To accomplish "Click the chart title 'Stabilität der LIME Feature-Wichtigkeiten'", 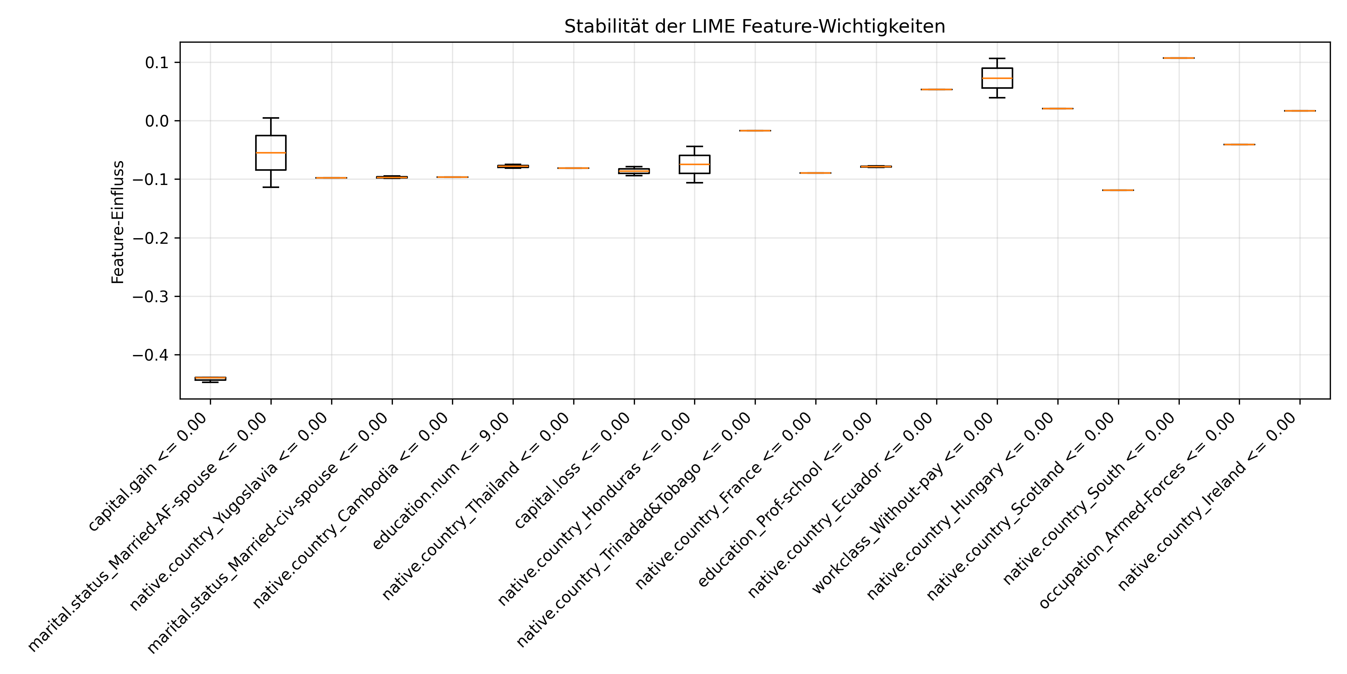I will pos(755,26).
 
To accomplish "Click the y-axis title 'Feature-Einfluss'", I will pos(118,222).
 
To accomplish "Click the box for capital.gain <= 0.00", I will pos(210,378).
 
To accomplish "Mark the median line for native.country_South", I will pos(1179,58).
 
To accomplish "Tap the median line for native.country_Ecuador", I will pos(937,89).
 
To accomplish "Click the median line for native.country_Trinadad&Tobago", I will pos(755,130).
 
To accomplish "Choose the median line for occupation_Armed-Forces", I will pos(1239,145).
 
